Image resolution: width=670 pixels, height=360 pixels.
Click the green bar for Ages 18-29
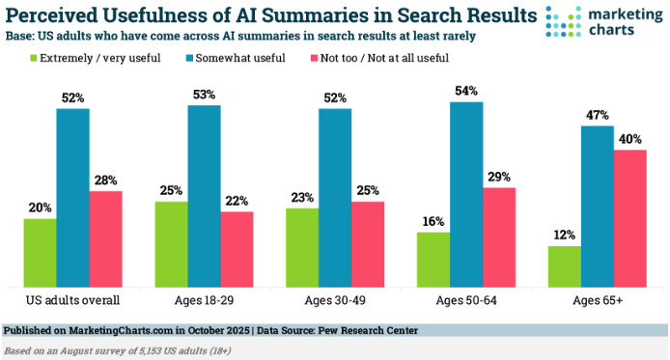[171, 242]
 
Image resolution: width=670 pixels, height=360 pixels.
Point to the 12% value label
[564, 234]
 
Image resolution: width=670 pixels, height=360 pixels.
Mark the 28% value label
[105, 179]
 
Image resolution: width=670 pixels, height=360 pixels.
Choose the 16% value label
[433, 221]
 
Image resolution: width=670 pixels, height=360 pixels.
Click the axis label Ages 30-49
[334, 302]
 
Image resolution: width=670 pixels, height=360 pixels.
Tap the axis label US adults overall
[72, 302]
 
